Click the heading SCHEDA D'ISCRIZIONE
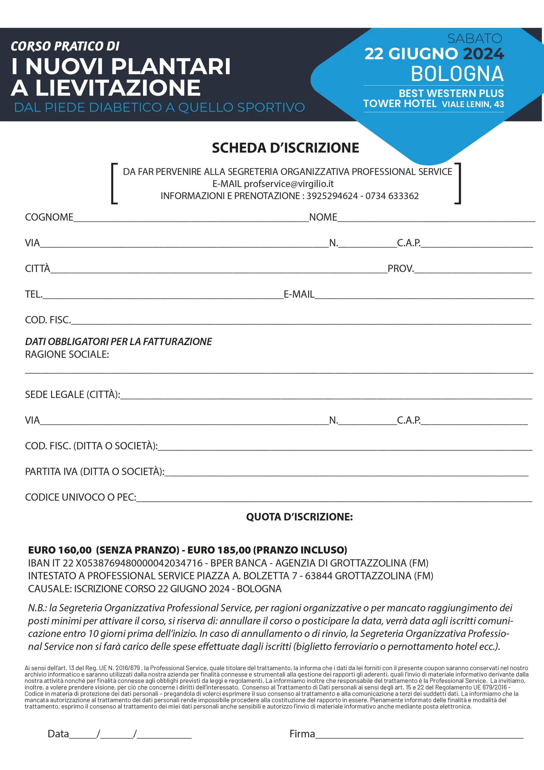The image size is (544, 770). tap(285, 148)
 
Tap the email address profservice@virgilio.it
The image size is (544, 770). tap(289, 184)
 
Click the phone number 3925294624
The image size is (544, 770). tap(332, 196)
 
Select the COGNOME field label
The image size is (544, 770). tap(49, 217)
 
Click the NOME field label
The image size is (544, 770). tap(323, 217)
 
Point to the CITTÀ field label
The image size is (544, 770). tap(38, 269)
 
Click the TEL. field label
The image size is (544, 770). tap(34, 294)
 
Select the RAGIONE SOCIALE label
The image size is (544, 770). tap(67, 355)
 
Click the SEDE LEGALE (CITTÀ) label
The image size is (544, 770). tap(72, 394)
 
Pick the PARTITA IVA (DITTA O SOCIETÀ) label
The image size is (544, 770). tap(94, 472)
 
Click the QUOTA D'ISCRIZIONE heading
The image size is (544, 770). tap(299, 517)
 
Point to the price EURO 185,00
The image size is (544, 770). tap(219, 550)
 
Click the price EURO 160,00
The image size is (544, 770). tap(60, 550)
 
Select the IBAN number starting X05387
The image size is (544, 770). tap(139, 563)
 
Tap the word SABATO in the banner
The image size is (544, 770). tap(475, 38)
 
